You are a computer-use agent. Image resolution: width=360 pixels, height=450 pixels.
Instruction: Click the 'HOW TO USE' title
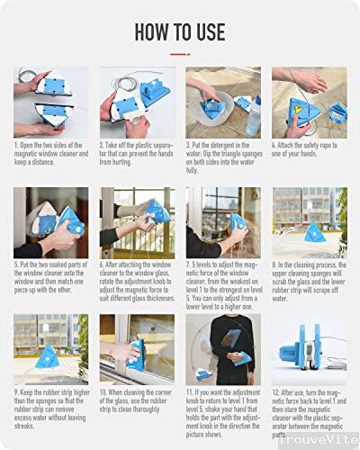coord(180,32)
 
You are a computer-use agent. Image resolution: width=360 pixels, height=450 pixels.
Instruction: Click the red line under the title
coord(180,53)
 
